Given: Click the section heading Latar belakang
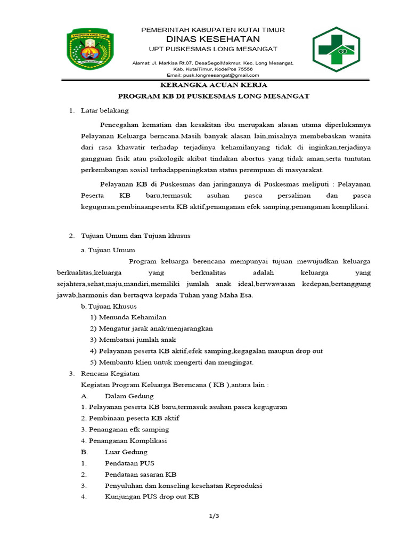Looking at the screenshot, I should click(x=104, y=111).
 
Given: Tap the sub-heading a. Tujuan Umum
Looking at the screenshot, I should click(x=108, y=250).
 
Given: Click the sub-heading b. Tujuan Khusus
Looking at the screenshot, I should click(x=109, y=306).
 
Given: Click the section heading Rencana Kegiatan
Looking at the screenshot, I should click(x=110, y=373).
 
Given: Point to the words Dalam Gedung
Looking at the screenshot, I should click(x=129, y=396).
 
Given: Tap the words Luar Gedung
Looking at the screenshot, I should click(x=126, y=452).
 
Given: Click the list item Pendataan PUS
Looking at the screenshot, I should click(x=129, y=463).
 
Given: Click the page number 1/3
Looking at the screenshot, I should click(x=214, y=516).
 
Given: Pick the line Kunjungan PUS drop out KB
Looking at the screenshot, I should click(x=152, y=497).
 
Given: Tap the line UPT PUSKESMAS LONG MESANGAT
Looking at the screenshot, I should click(x=213, y=49).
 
